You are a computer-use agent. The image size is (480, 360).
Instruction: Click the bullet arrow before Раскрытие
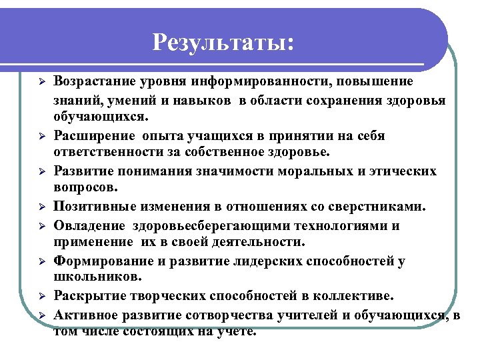click(41, 296)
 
